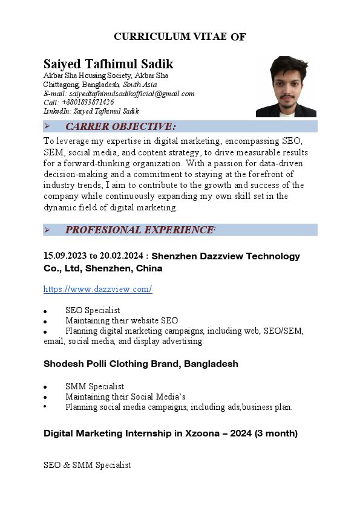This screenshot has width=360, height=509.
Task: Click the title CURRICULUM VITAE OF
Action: pos(180,37)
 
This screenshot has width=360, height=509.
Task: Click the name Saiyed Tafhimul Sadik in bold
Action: pos(108,64)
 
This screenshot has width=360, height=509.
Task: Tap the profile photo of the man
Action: pos(286,86)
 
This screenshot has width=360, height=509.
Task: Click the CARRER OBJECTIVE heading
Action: pos(120,126)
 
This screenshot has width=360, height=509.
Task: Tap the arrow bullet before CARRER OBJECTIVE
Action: pos(47,126)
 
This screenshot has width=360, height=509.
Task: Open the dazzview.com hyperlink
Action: pos(97,289)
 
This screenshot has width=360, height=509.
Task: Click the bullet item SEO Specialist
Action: pos(93,310)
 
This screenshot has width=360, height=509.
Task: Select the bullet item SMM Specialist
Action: pos(94,386)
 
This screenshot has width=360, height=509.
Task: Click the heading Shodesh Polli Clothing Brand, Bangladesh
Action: pos(140,364)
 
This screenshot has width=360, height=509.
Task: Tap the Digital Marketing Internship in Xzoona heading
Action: pos(170,433)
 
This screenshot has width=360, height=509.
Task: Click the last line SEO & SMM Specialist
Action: pos(87,465)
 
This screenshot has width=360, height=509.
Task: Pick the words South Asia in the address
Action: pos(140,85)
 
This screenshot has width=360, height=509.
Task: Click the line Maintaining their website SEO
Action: pos(122,320)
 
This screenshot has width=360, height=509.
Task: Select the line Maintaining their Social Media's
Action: pos(125,397)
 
